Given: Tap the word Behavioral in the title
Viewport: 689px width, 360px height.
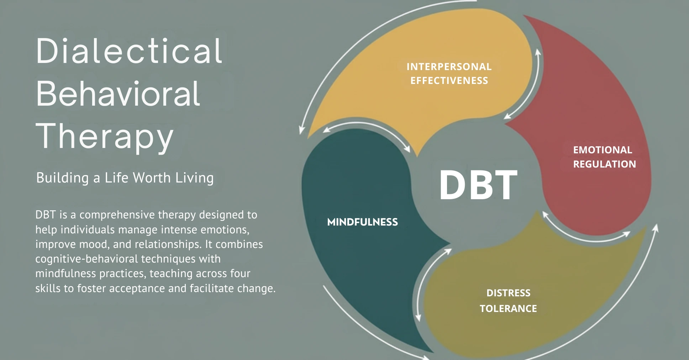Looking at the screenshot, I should (118, 93).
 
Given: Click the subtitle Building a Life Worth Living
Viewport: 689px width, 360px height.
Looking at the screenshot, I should (125, 178).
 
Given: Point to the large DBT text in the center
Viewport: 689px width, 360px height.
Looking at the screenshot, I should (478, 185).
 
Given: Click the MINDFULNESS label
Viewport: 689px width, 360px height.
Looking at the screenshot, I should (362, 222).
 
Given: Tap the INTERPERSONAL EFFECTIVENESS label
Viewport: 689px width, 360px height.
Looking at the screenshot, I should (449, 73).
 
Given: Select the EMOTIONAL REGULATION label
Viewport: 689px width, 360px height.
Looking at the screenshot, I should (604, 157).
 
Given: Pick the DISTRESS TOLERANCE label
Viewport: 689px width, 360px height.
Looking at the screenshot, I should (508, 301).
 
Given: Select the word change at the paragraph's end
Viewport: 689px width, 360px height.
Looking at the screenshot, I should (256, 288).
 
